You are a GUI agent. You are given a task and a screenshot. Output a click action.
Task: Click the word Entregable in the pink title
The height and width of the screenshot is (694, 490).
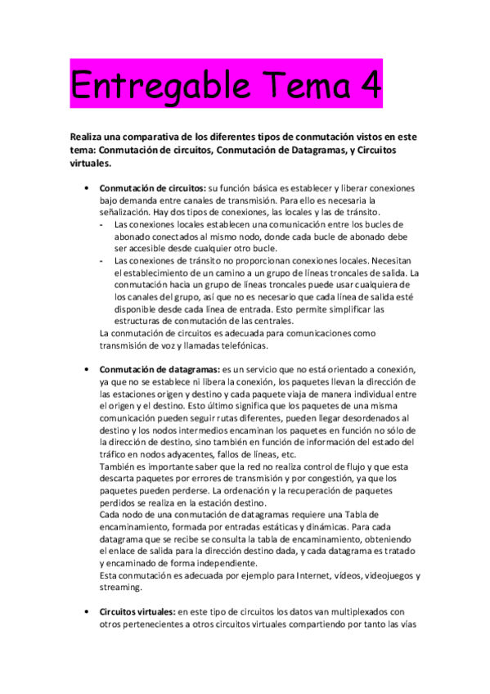point(155,83)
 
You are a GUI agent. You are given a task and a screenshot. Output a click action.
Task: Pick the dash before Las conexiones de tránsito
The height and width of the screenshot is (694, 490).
point(101,261)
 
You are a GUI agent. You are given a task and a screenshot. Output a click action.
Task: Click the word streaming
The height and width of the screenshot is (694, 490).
point(120,588)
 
